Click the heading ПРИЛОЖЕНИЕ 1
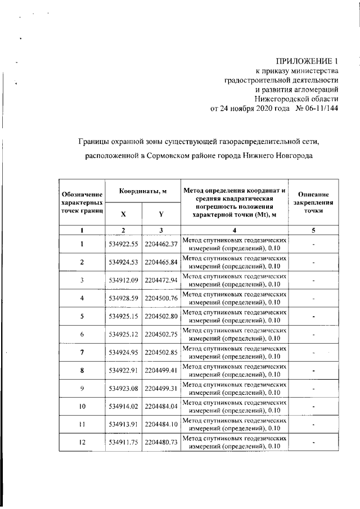307,61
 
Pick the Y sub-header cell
161,214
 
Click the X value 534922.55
124,244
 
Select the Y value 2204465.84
161,262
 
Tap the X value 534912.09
124,280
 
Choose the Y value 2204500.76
161,298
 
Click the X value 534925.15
124,316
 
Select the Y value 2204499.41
161,371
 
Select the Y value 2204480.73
161,443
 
